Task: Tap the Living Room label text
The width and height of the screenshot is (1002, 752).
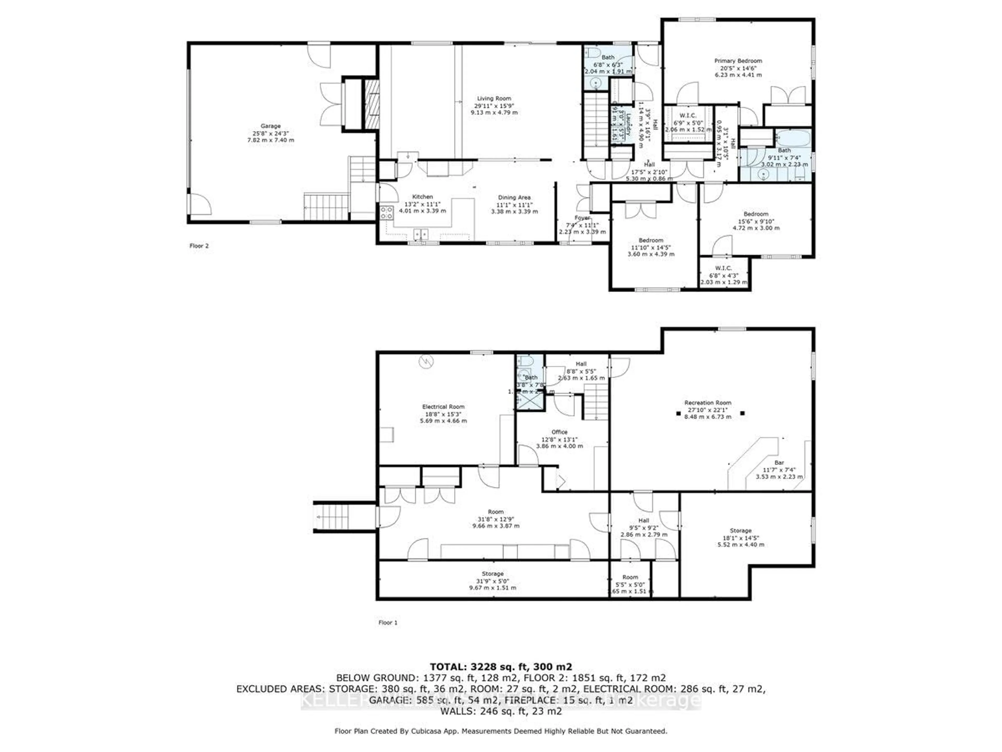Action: (x=494, y=98)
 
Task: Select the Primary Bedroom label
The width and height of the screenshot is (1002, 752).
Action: (x=738, y=61)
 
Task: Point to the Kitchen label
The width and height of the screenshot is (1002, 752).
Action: (x=422, y=197)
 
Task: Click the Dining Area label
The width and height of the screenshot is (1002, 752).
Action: (x=514, y=198)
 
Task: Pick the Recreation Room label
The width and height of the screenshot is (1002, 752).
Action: (x=708, y=403)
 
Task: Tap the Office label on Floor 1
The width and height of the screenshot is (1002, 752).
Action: (x=559, y=432)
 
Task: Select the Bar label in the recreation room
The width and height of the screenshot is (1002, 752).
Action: (x=779, y=462)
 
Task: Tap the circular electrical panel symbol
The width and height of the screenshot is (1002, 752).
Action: (x=426, y=362)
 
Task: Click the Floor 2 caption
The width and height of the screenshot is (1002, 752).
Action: (x=199, y=246)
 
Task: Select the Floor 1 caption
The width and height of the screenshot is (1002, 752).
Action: (x=388, y=622)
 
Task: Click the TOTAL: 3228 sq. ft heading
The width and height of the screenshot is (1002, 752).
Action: (x=500, y=667)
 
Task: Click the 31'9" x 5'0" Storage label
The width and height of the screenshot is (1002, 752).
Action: (x=492, y=574)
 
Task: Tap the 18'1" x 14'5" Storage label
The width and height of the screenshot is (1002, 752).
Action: (x=741, y=530)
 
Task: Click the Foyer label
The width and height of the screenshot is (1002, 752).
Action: (x=582, y=218)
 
